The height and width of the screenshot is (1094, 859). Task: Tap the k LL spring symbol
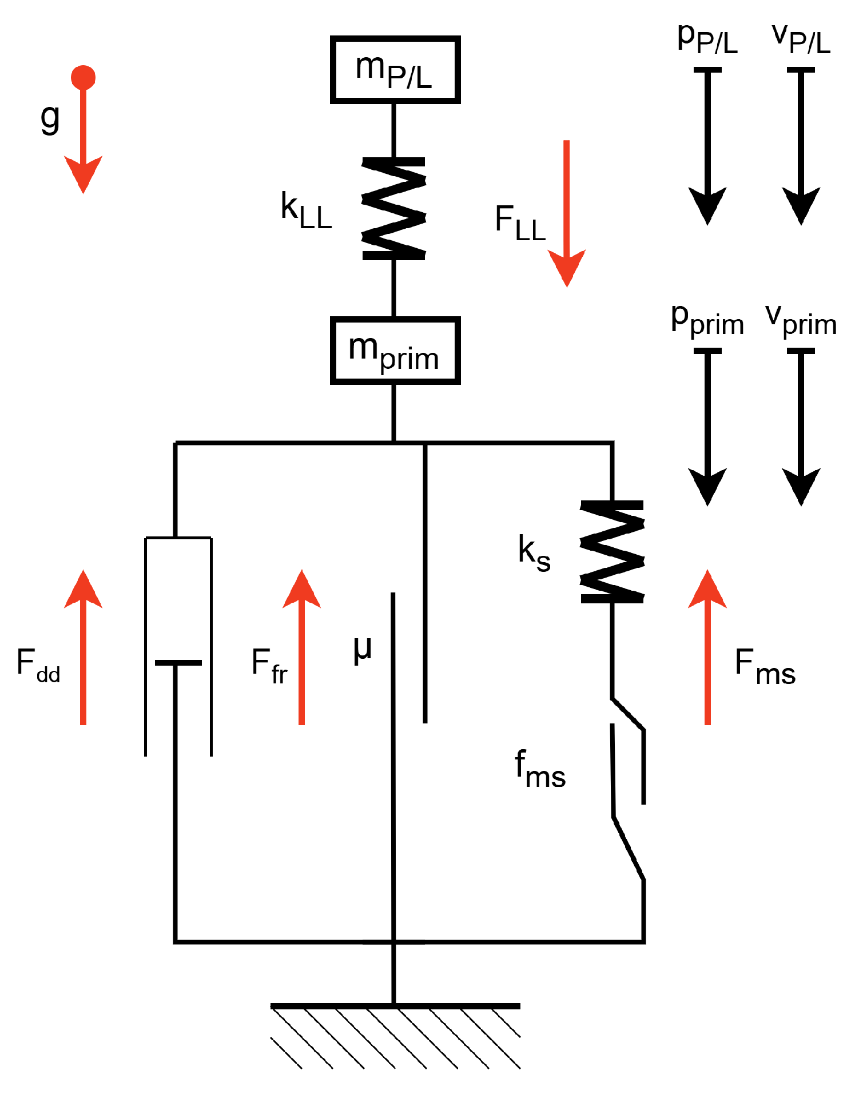click(x=394, y=209)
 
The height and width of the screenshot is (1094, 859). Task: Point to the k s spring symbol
click(x=613, y=552)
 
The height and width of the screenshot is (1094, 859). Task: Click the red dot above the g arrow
click(x=83, y=77)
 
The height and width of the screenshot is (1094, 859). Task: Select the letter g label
click(x=50, y=119)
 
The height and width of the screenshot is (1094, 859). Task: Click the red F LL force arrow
click(x=567, y=213)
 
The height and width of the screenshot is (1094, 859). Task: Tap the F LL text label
click(x=520, y=224)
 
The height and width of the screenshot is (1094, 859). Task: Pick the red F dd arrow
click(x=83, y=647)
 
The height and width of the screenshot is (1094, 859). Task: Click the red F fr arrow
click(x=301, y=647)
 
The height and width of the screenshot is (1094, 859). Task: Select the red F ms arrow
click(x=707, y=647)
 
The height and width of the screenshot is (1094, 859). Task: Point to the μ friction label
click(x=363, y=650)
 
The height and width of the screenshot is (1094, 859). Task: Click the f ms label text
click(x=540, y=769)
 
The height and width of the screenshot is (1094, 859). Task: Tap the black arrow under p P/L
click(x=707, y=146)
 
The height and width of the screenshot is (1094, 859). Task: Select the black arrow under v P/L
click(x=801, y=146)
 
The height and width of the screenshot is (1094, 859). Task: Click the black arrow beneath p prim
click(x=707, y=427)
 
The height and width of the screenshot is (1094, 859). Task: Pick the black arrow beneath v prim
click(x=801, y=427)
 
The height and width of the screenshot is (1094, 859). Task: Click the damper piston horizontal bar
click(x=178, y=663)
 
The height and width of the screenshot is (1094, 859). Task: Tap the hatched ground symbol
click(x=395, y=1036)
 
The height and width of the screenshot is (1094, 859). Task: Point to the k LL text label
click(x=307, y=211)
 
